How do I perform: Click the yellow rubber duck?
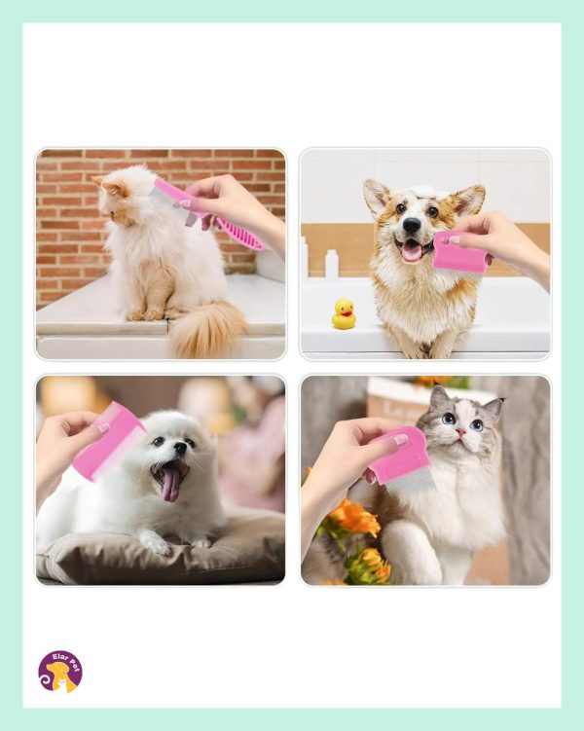tap(344, 313)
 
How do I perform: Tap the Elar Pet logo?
tap(60, 672)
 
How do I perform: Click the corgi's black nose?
tap(412, 226)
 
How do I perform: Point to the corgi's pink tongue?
tap(412, 252)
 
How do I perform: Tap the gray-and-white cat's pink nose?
tap(461, 432)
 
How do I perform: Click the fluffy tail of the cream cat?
tap(207, 328)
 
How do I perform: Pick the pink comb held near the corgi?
tap(461, 252)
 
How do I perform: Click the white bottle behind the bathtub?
tap(331, 265)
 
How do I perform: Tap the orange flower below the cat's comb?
tap(355, 517)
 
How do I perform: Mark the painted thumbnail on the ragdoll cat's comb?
tap(400, 439)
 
